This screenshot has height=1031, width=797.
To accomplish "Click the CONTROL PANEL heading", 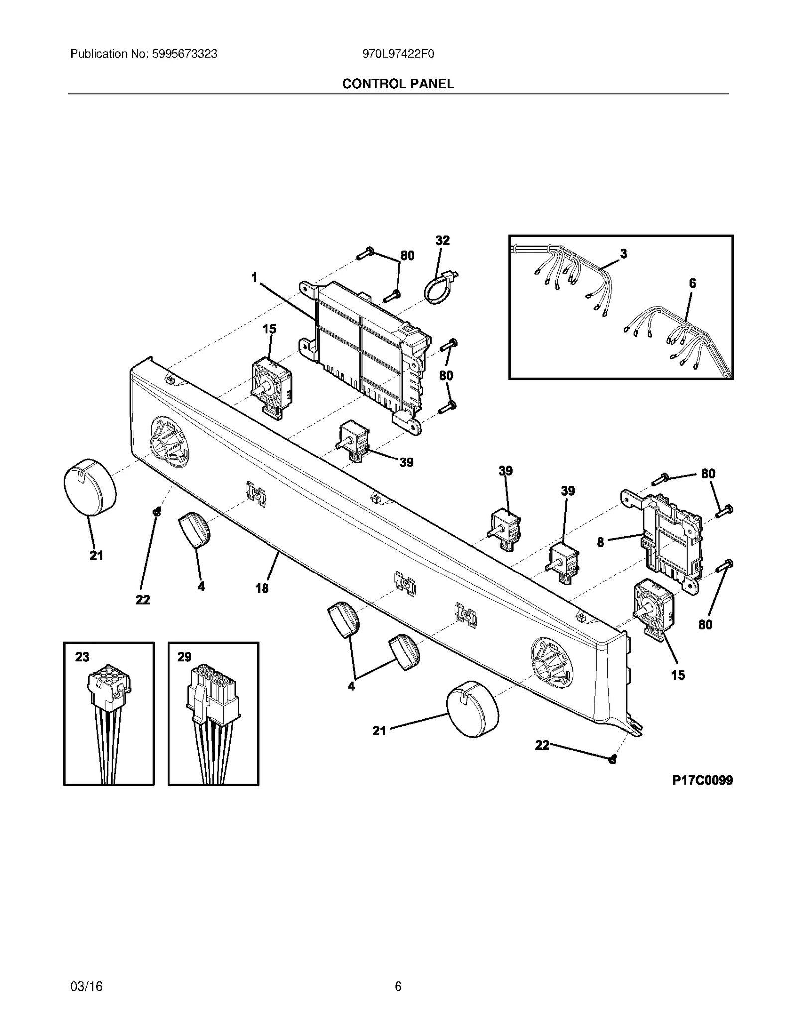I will point(398,84).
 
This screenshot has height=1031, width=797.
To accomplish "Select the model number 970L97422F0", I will point(398,54).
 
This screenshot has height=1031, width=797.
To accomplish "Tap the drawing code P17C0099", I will point(702,780).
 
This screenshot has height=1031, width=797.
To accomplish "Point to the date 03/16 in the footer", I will point(87,986).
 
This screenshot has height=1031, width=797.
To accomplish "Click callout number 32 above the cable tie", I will point(442,241).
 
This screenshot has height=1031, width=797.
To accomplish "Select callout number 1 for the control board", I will point(255,278).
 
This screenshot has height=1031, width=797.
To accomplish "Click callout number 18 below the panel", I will point(262,588).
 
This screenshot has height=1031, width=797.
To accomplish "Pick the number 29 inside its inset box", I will point(184,657).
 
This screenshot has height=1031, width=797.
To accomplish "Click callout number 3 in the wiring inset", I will point(623,254).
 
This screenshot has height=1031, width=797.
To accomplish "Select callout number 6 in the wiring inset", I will point(692,283).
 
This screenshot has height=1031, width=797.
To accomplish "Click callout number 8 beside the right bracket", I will point(600,542).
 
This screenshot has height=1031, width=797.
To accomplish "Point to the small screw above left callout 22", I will point(157,511).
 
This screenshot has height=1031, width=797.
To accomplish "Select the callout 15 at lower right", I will point(678,675).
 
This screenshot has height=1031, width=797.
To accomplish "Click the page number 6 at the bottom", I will point(398,986).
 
